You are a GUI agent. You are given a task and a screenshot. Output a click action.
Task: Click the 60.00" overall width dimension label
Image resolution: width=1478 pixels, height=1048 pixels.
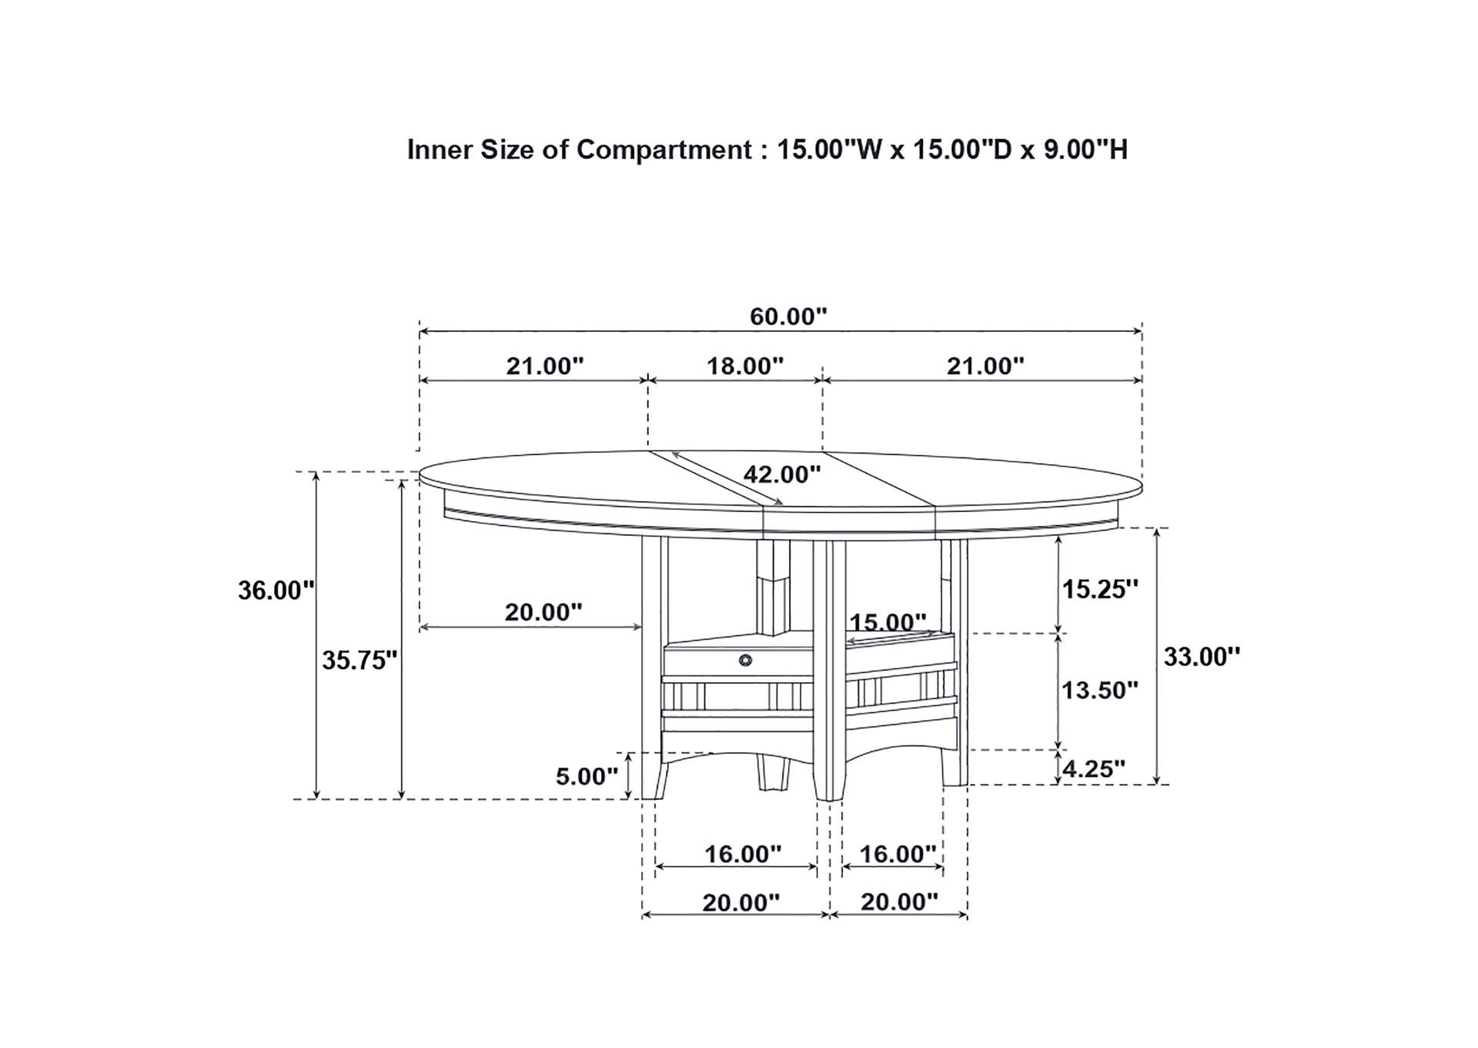[x=788, y=316]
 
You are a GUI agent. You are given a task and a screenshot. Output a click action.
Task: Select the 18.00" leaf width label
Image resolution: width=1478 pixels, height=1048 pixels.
[x=745, y=366]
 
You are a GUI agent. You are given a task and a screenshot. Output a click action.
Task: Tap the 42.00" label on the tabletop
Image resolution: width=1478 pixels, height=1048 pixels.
[x=782, y=474]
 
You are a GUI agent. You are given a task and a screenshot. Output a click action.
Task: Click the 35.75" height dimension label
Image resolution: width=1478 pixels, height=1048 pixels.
[x=359, y=660]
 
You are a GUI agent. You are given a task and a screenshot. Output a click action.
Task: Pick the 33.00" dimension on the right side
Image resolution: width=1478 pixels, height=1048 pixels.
[x=1202, y=657]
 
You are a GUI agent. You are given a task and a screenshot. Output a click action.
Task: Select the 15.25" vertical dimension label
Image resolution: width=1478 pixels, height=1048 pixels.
[x=1100, y=590]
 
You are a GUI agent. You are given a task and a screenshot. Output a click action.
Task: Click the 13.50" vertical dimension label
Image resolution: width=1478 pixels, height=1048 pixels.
[x=1100, y=690]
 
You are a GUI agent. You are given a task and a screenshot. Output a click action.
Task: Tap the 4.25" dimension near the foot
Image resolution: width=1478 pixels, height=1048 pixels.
[x=1094, y=768]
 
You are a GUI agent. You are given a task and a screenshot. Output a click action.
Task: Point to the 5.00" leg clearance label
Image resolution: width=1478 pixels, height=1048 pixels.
[x=587, y=776]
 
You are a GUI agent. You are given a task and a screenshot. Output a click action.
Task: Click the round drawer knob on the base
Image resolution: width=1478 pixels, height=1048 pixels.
[x=744, y=660]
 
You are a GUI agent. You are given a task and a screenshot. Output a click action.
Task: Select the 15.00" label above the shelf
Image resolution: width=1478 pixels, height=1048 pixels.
[x=888, y=621]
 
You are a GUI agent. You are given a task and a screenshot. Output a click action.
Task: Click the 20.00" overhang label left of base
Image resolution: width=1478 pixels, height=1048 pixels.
[x=543, y=612]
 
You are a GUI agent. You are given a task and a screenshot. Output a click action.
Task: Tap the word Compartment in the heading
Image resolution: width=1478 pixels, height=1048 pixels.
[x=664, y=149]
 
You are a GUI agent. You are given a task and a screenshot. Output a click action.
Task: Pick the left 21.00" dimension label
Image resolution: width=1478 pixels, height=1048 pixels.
[x=545, y=366]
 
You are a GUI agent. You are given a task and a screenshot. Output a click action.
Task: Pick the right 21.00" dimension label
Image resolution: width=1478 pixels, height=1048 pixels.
[x=985, y=366]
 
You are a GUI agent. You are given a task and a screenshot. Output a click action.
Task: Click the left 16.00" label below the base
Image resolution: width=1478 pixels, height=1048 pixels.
[x=743, y=854]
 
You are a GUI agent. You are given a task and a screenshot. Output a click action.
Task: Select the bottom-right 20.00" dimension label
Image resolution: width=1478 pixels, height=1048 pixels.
[x=899, y=902]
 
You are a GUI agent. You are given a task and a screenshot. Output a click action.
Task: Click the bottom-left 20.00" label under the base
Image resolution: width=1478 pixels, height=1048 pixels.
[x=741, y=902]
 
